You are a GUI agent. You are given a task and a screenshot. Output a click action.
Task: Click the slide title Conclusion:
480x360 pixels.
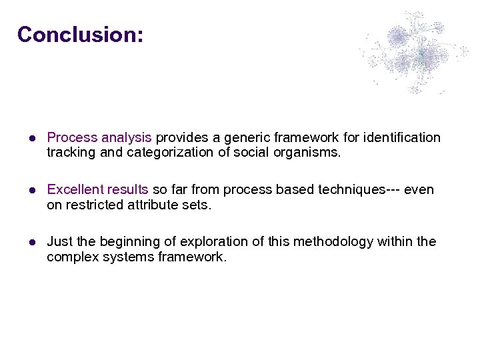tap(80, 34)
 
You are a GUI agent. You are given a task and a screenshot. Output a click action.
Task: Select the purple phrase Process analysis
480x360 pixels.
tap(99, 138)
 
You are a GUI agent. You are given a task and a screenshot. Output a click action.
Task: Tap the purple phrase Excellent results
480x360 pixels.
tap(98, 190)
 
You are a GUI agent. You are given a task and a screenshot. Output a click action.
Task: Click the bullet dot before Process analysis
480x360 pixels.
tap(31, 139)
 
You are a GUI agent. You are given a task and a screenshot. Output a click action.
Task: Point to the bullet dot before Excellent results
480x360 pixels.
tap(31, 191)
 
